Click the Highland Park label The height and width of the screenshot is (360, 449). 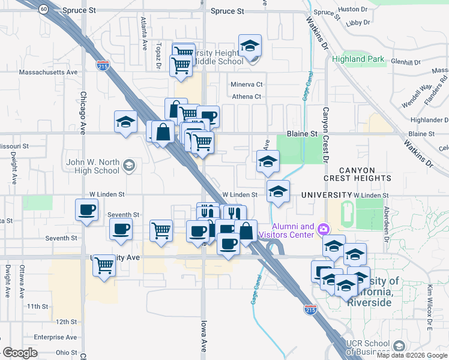[358, 59]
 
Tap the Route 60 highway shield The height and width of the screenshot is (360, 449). [43, 9]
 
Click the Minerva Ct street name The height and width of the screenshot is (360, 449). [247, 85]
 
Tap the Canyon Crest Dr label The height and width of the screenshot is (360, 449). [326, 135]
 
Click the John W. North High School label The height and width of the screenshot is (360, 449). [92, 166]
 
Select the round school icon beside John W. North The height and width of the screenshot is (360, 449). [128, 165]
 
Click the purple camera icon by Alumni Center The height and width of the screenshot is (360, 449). [324, 229]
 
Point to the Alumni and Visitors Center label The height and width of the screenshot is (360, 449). [293, 230]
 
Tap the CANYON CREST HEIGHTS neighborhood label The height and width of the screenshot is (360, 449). [357, 174]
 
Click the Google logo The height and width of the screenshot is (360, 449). [20, 353]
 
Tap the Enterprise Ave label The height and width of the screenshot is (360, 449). [53, 337]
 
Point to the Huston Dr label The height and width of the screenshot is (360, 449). [352, 10]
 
